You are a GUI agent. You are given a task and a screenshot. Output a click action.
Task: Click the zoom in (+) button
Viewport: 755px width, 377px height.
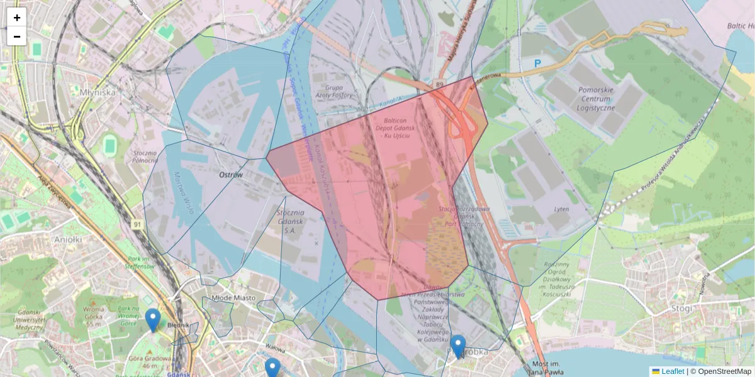[x=17, y=18]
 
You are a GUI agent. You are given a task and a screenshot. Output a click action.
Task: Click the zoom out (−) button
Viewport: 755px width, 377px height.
[x=17, y=36]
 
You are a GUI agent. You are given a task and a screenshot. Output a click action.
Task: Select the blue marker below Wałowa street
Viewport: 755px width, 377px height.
[x=272, y=368]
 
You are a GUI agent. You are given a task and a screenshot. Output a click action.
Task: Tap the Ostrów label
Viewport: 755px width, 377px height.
[x=230, y=175]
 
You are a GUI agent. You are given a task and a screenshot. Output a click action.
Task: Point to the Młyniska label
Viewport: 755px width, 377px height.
[x=98, y=92]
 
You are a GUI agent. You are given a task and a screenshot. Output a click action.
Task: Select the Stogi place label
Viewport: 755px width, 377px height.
[x=681, y=309]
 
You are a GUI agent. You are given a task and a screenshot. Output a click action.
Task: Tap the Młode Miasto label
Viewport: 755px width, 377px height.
[x=232, y=298]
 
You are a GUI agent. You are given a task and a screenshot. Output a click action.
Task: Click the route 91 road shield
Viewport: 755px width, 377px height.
[x=137, y=223]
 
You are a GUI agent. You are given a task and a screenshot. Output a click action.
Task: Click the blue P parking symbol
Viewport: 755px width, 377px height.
[x=537, y=63]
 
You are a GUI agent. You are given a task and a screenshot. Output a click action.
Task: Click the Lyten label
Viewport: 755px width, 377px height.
[x=561, y=209]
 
